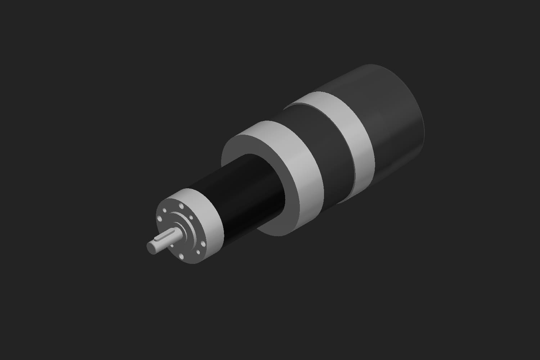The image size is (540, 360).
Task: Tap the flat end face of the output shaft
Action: (151, 248)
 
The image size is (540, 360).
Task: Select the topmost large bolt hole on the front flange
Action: (181, 206)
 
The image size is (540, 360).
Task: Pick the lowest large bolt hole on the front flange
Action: (181, 256)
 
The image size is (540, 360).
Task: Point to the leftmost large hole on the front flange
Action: (159, 219)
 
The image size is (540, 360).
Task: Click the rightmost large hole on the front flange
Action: (203, 244)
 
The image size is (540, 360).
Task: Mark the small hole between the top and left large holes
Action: (165, 210)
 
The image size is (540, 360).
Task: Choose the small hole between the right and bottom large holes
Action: (198, 252)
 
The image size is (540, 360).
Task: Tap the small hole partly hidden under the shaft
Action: (172, 246)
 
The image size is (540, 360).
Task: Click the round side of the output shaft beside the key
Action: (168, 244)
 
